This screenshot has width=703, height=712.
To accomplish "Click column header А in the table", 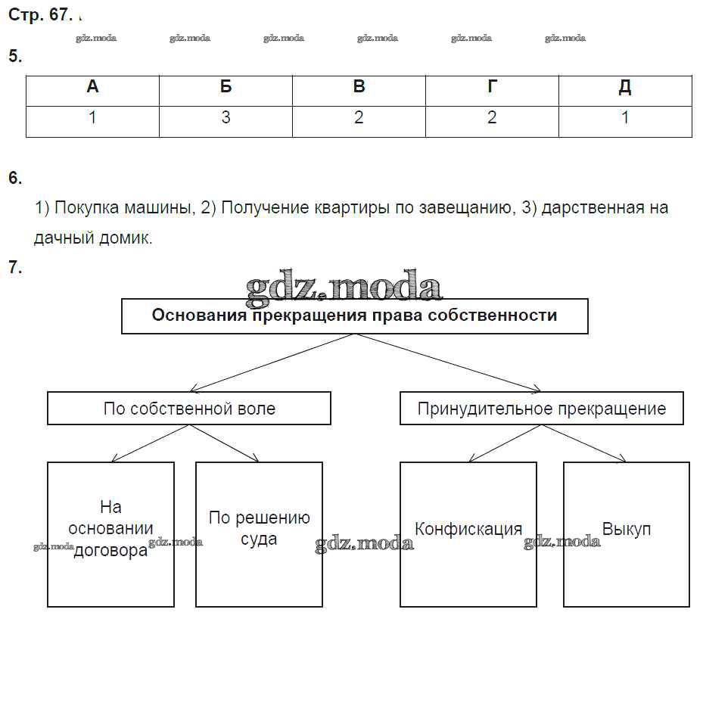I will (x=92, y=87).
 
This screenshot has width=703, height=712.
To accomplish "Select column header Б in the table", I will (x=226, y=87).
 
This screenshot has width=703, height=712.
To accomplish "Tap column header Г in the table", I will (x=492, y=87).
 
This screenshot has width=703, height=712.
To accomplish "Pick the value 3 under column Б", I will (x=226, y=118).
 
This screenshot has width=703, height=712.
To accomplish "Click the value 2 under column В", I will (x=359, y=118).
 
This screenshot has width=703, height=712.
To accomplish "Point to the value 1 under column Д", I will (x=625, y=118).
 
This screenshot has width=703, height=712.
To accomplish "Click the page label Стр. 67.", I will (x=38, y=16).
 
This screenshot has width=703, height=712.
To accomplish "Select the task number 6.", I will (x=15, y=179).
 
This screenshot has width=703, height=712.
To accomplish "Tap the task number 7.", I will (x=15, y=267).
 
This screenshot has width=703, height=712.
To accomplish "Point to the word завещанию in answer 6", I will (x=461, y=208).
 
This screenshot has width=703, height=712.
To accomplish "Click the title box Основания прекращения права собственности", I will (x=354, y=316).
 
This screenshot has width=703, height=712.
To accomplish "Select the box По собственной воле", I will (x=189, y=409).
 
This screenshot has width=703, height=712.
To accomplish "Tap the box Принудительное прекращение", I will (x=542, y=409).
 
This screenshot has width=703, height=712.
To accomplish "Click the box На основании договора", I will (x=110, y=534).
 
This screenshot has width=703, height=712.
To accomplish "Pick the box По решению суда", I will (x=259, y=534).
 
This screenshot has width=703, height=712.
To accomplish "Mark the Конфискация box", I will (x=468, y=534).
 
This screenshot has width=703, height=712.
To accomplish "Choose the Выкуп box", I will (x=627, y=534).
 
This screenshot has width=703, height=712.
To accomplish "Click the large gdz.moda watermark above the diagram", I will (x=344, y=288).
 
